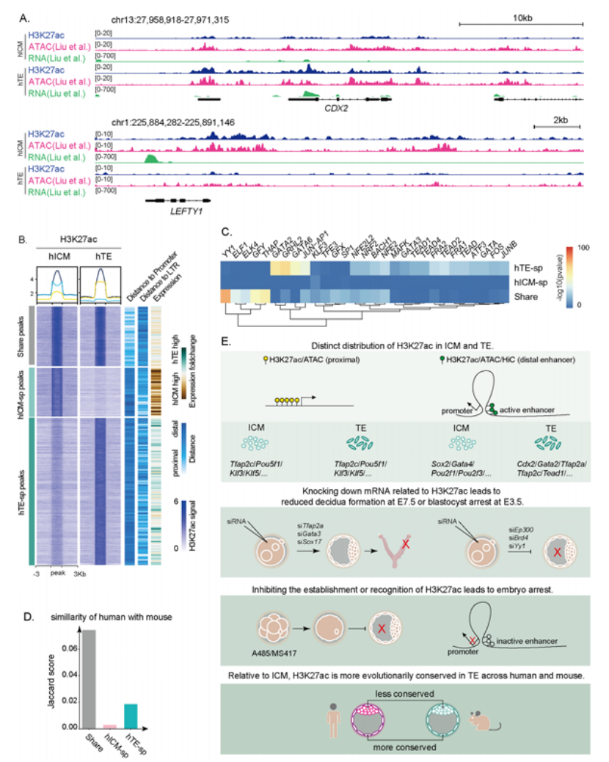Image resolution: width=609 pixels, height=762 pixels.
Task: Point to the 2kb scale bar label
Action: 560,118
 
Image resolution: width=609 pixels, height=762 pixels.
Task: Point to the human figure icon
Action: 332,716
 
